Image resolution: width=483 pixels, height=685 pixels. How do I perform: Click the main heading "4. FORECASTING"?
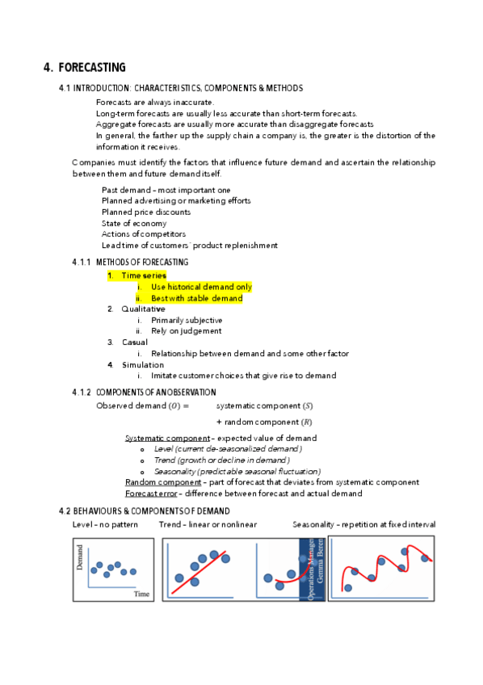(85, 68)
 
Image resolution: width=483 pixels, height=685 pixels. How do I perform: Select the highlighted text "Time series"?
(144, 275)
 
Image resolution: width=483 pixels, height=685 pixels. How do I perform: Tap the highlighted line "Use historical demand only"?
(201, 287)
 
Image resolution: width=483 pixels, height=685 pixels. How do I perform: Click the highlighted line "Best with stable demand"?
(196, 298)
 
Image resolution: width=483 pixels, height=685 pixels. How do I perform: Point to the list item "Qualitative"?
(143, 309)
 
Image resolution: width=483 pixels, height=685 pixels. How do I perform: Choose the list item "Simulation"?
(142, 365)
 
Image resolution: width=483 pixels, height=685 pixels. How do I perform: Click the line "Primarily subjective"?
(187, 321)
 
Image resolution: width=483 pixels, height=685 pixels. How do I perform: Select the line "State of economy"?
(134, 223)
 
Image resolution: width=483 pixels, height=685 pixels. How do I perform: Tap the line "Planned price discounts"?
(146, 212)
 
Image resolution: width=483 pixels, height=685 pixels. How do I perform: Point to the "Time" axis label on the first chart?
(141, 593)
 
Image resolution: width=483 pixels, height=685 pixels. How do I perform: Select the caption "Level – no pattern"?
(105, 524)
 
